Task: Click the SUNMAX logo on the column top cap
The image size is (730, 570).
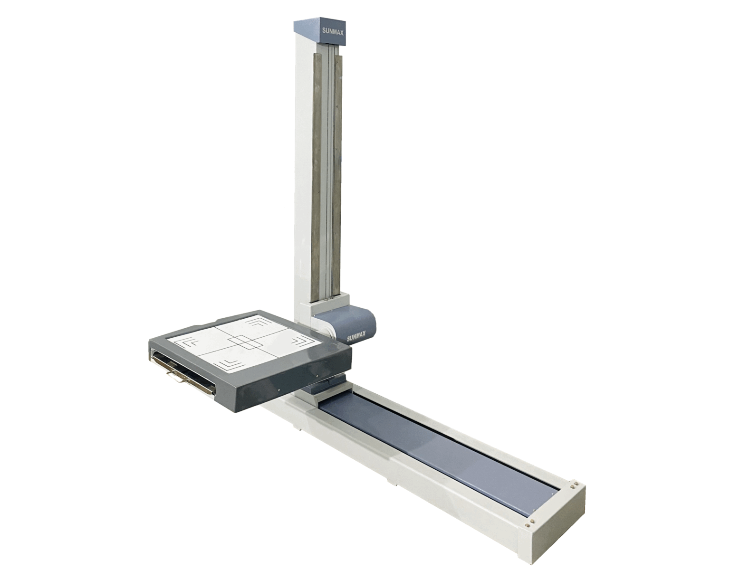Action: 333,31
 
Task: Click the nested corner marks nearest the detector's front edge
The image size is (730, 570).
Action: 231,363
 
